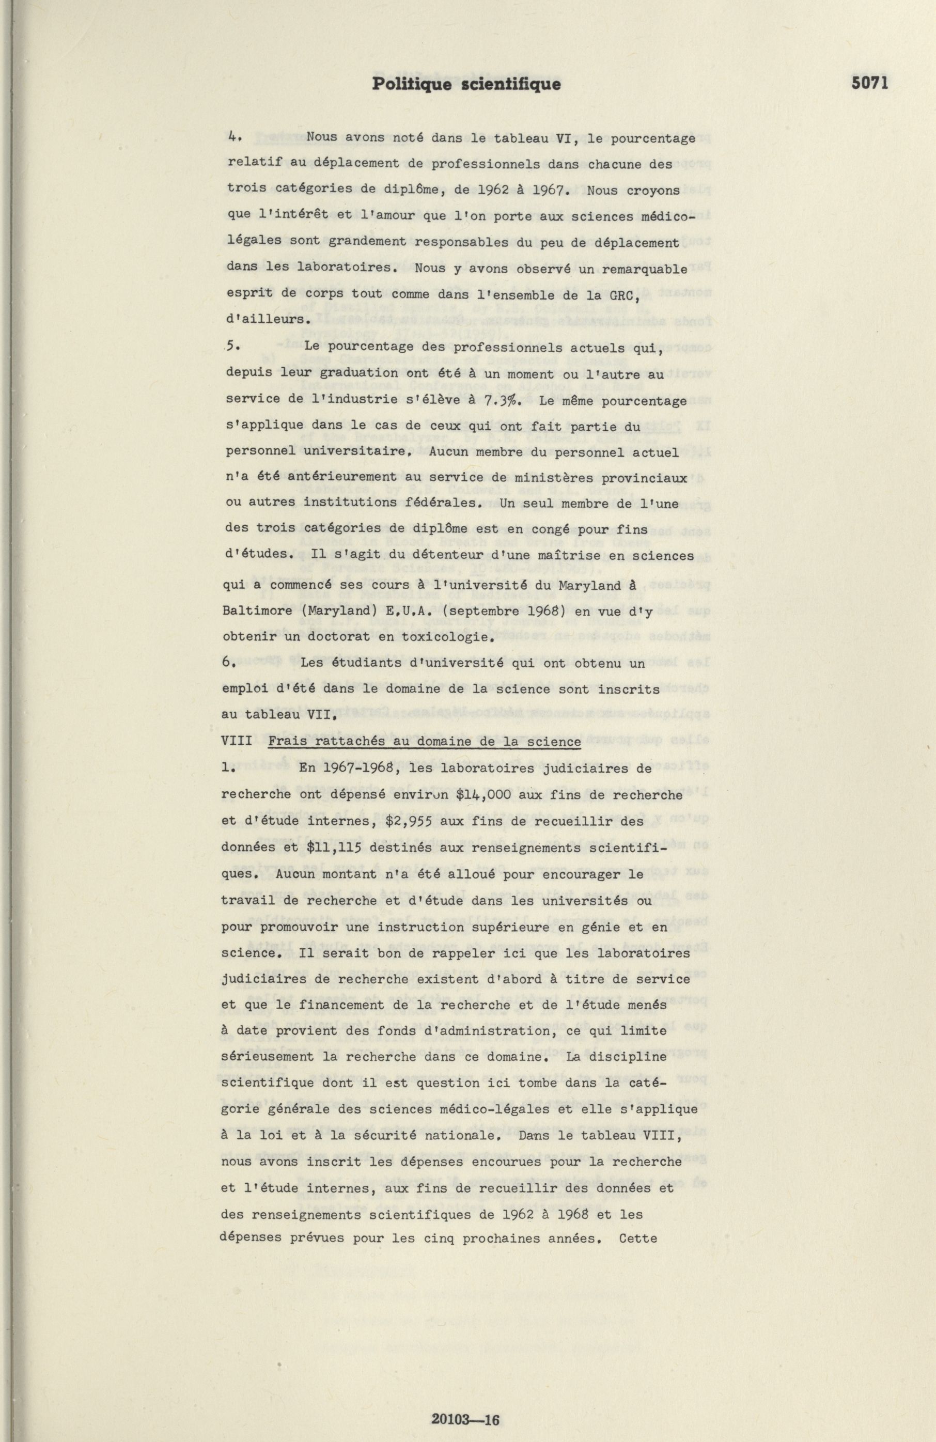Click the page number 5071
coord(869,84)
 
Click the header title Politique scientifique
coord(466,84)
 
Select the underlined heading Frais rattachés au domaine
coord(424,742)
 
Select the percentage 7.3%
coord(503,400)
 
